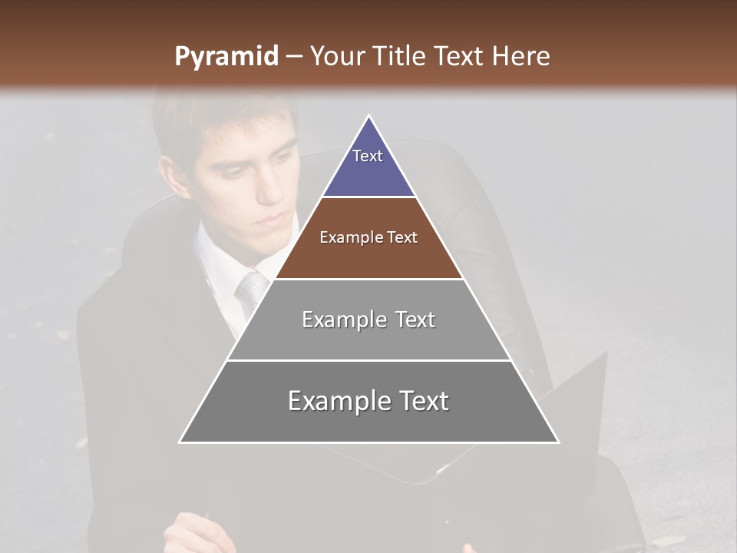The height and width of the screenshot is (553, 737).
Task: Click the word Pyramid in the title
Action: [226, 57]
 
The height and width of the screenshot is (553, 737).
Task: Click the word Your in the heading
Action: [337, 56]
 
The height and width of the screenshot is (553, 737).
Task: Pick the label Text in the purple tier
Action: [368, 156]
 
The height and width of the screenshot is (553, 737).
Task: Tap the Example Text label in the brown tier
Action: [368, 237]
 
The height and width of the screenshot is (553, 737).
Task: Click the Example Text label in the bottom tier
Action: [368, 401]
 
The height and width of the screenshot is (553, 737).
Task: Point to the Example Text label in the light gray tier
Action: [368, 320]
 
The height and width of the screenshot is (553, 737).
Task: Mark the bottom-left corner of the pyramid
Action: [180, 442]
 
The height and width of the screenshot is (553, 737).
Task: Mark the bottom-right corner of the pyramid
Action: [558, 442]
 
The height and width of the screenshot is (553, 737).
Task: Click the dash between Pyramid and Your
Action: [293, 56]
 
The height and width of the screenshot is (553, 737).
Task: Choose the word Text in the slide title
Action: [460, 56]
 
